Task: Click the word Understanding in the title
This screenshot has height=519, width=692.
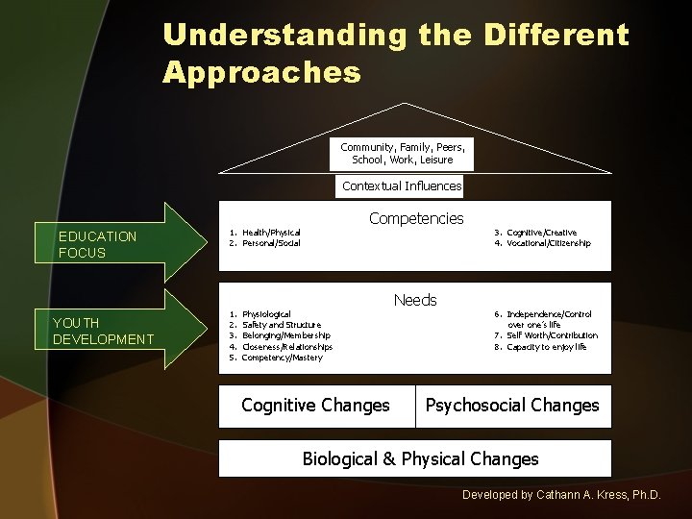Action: click(x=285, y=37)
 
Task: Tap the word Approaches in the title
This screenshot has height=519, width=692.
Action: click(x=262, y=72)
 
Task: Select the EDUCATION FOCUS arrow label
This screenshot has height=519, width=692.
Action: click(x=97, y=244)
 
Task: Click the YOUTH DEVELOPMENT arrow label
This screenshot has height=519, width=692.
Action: click(x=103, y=331)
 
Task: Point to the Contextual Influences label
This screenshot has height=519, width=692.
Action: click(x=402, y=185)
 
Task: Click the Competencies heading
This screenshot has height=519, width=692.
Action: click(x=415, y=218)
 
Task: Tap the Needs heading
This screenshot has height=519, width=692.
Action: click(x=415, y=300)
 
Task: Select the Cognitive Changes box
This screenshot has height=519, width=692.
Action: click(x=316, y=406)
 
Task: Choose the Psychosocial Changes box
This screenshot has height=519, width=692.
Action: click(x=512, y=406)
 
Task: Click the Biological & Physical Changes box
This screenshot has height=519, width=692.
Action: click(x=420, y=458)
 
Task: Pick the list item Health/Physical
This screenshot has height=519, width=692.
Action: click(x=270, y=233)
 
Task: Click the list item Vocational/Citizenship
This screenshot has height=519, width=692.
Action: click(x=548, y=243)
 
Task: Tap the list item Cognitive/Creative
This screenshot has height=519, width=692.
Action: click(x=541, y=233)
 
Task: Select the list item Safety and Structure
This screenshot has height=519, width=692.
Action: click(x=281, y=325)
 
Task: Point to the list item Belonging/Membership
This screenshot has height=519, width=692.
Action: click(x=285, y=335)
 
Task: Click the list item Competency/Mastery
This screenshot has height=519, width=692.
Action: click(x=282, y=358)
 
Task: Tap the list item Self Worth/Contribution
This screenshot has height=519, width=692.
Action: click(x=552, y=335)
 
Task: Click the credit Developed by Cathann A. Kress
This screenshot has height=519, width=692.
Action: click(x=561, y=494)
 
